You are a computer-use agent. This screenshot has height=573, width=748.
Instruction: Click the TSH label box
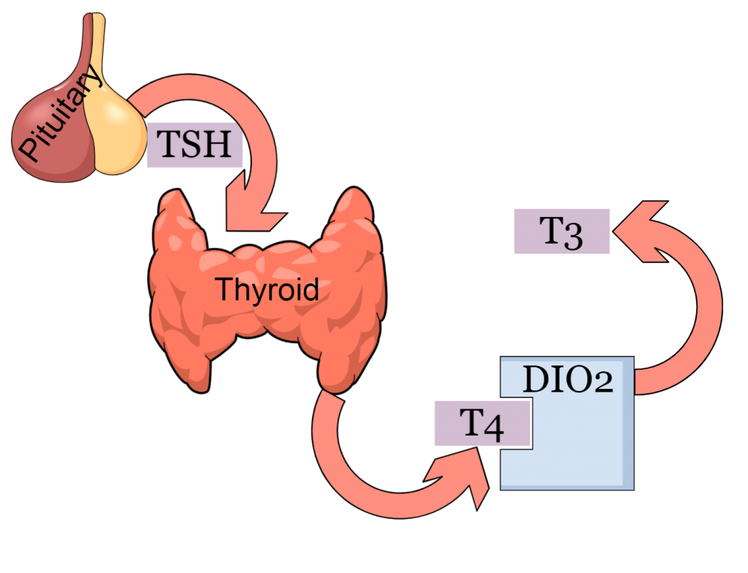click(195, 145)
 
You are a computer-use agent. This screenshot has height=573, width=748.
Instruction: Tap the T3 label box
click(562, 232)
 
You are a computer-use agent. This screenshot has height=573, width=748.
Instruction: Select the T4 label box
click(482, 423)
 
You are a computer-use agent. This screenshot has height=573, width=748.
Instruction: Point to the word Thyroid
click(267, 290)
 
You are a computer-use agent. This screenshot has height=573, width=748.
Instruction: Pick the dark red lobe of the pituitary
click(51, 146)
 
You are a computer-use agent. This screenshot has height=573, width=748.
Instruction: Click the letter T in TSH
click(167, 145)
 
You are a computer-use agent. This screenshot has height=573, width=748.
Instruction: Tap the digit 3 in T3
click(573, 235)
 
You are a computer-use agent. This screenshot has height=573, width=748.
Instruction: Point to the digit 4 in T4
click(495, 426)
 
